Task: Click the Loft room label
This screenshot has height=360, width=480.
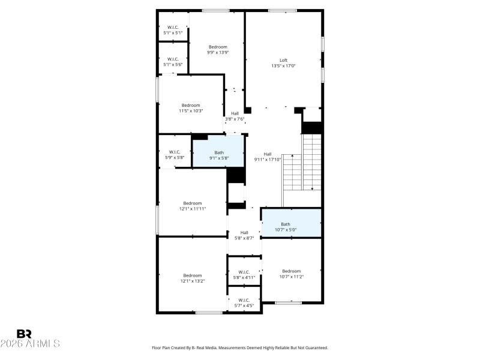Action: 284,60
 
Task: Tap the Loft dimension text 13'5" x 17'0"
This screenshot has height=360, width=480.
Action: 284,66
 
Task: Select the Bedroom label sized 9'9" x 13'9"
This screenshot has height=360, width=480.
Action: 218,47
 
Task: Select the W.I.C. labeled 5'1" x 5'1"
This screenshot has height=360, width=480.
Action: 173,30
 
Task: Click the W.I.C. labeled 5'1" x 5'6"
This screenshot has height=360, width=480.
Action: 173,62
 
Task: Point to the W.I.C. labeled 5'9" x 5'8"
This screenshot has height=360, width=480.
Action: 175,154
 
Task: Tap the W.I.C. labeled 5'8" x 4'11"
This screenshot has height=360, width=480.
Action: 244,274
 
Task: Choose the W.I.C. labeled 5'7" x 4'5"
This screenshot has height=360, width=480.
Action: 244,302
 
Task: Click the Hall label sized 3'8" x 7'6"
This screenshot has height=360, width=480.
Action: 235,116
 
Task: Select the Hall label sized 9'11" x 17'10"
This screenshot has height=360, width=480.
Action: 268,157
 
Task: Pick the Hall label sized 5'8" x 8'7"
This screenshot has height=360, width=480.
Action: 244,235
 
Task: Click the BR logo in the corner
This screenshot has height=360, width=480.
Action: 25,334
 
